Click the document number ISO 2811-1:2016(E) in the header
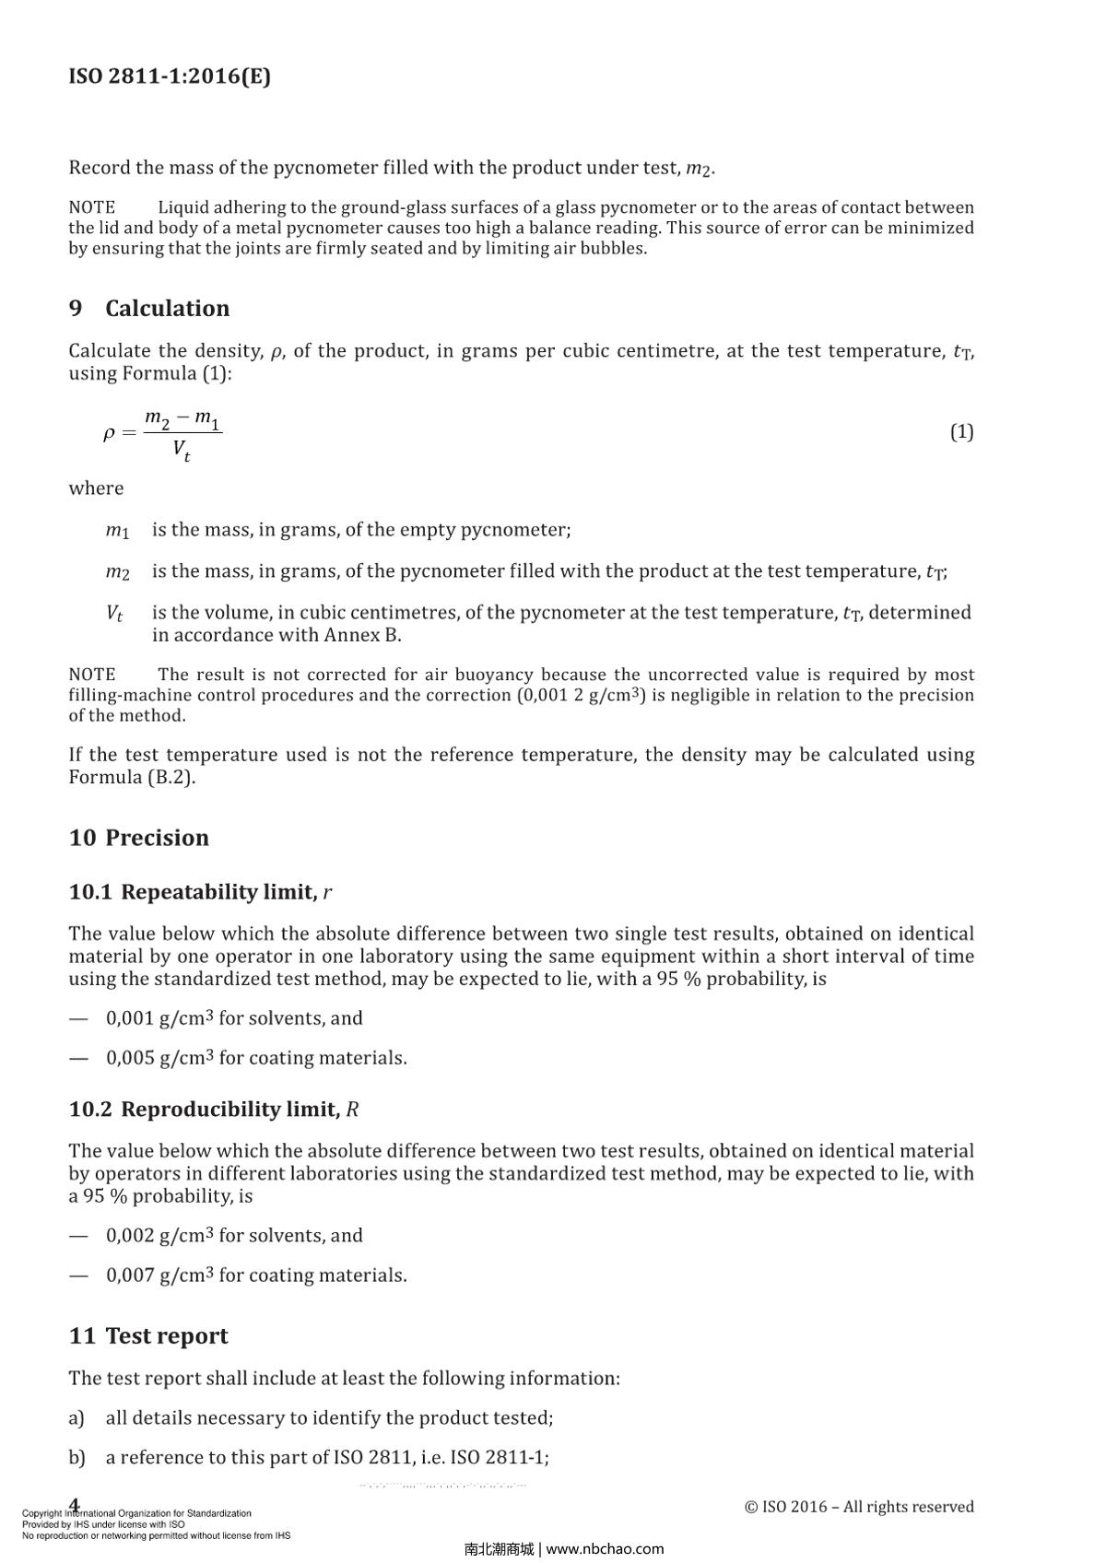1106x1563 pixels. (170, 76)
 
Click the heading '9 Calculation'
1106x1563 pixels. (149, 308)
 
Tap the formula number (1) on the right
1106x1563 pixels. (961, 431)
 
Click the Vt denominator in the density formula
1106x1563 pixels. (182, 451)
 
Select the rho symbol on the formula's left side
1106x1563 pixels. (109, 432)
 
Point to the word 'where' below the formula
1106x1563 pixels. (96, 488)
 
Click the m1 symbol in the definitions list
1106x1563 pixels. (117, 531)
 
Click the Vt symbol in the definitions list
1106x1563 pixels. (114, 613)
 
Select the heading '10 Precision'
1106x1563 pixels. (139, 838)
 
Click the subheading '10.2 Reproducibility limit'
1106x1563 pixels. (213, 1110)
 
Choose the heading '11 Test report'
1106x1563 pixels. (148, 1336)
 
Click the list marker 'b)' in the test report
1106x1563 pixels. (76, 1458)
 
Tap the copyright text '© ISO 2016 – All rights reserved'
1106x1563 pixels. (859, 1507)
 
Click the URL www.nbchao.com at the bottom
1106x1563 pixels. (605, 1549)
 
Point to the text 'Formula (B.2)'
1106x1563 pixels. (132, 777)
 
